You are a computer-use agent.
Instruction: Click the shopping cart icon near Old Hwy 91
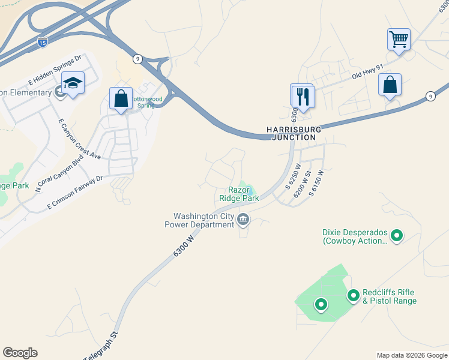pos(399,40)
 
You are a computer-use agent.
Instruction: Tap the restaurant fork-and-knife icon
pos(302,96)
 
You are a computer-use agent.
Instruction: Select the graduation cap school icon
pos(73,83)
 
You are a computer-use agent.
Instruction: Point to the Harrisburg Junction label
pos(294,133)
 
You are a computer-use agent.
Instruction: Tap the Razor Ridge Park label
pos(238,194)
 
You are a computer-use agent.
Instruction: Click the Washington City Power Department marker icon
pos(243,220)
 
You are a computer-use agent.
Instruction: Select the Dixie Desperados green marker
pos(396,236)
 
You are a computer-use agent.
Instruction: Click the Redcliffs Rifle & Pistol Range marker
pos(354,295)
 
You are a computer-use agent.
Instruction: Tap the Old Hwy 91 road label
pos(367,73)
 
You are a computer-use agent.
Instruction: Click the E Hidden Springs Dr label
pos(55,70)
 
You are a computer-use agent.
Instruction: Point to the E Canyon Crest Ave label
pos(79,139)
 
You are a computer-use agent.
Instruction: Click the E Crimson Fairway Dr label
pos(76,192)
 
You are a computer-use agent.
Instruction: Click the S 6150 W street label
pos(316,183)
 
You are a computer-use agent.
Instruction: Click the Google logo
pos(20,353)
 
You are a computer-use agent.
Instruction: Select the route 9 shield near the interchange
pos(138,58)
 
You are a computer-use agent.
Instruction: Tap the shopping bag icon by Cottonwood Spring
pos(121,98)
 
